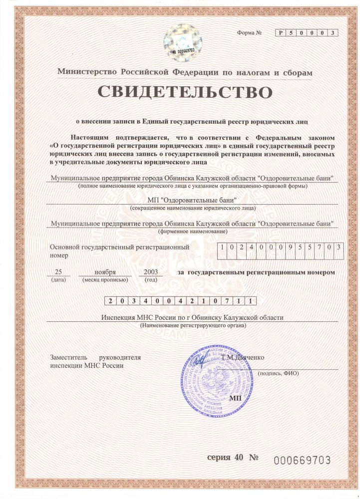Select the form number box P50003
click(307, 33)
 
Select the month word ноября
click(105, 272)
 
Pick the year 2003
click(150, 272)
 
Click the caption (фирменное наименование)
click(192, 232)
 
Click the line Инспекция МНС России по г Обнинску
click(192, 318)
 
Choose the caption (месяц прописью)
click(105, 280)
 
